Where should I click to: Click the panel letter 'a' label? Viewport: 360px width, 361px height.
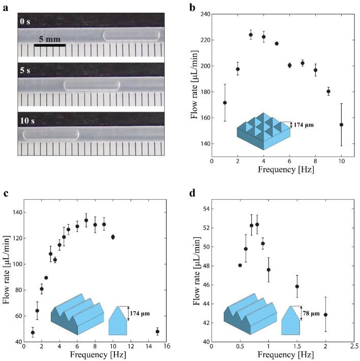pyautogui.click(x=4, y=9)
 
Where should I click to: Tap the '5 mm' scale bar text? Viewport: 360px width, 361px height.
pyautogui.click(x=50, y=39)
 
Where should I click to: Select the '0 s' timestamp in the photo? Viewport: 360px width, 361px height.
pyautogui.click(x=26, y=21)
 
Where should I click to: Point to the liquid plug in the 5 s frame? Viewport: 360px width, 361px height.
pyautogui.click(x=92, y=85)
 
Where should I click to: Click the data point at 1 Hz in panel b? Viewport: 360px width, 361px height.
pyautogui.click(x=225, y=103)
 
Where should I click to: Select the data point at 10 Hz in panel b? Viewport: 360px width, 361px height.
pyautogui.click(x=341, y=125)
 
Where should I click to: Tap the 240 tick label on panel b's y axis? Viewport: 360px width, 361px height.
pyautogui.click(x=204, y=14)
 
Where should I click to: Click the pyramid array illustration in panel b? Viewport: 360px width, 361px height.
pyautogui.click(x=263, y=130)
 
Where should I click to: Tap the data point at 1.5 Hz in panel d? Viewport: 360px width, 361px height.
pyautogui.click(x=297, y=286)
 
